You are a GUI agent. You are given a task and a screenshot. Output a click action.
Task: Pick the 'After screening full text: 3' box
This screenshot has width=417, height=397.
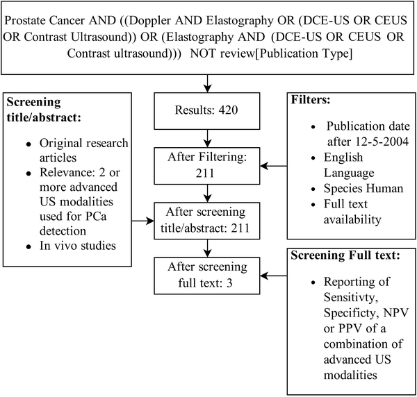point(208,274)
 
